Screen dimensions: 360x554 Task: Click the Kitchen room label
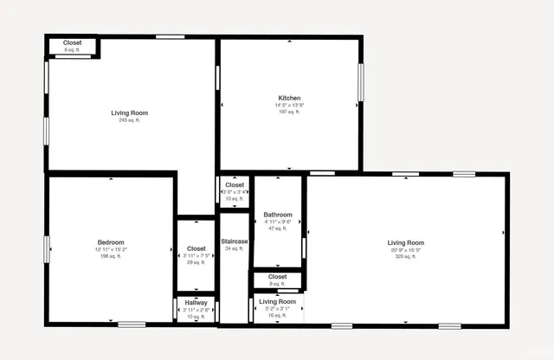click(289, 98)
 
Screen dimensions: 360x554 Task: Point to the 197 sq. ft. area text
click(289, 112)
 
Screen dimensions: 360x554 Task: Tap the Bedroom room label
click(111, 241)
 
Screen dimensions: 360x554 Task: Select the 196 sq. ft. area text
click(111, 256)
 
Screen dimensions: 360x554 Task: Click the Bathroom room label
click(278, 215)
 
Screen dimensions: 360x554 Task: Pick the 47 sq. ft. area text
click(278, 228)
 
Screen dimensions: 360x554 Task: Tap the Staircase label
click(235, 241)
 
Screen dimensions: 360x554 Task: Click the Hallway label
click(196, 302)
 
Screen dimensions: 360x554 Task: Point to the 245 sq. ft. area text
click(129, 120)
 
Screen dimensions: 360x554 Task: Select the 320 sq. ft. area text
click(405, 256)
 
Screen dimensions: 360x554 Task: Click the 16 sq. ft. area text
click(276, 316)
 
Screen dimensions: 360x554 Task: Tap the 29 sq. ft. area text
click(196, 262)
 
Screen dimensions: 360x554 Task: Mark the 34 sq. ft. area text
click(235, 248)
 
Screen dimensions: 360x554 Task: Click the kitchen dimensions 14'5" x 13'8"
click(289, 105)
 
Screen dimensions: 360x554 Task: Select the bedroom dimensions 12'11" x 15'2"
click(111, 249)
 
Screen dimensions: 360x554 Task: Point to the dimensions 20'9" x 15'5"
click(405, 249)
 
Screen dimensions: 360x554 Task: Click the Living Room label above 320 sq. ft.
click(405, 242)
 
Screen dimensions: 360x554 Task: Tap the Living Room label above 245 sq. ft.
click(129, 112)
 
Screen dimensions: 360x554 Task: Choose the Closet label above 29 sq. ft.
click(196, 248)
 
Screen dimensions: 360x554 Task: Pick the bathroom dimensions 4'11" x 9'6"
click(278, 222)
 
